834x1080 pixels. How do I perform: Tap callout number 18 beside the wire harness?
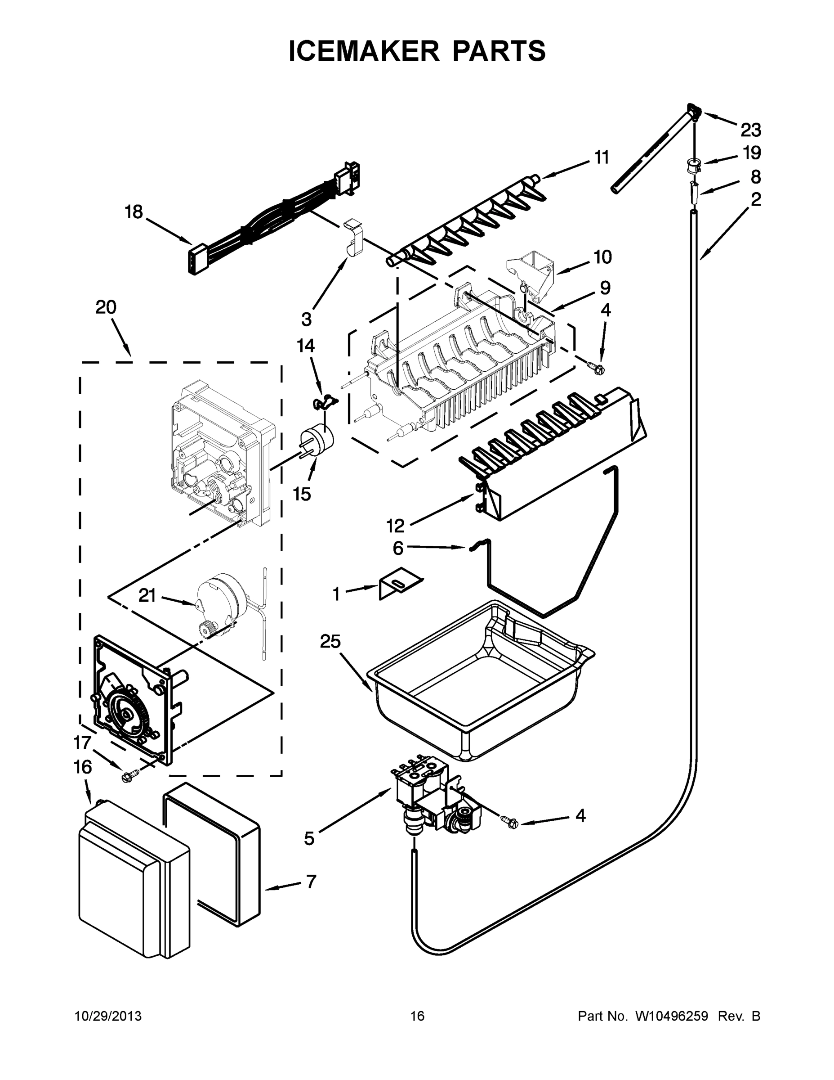tap(134, 212)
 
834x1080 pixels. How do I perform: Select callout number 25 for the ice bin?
tap(330, 642)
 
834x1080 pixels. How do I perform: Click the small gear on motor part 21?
tap(205, 630)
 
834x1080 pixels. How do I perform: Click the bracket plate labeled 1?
tap(398, 583)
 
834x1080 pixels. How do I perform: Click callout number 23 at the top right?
tap(750, 130)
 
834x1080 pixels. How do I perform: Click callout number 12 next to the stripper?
tap(395, 526)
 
